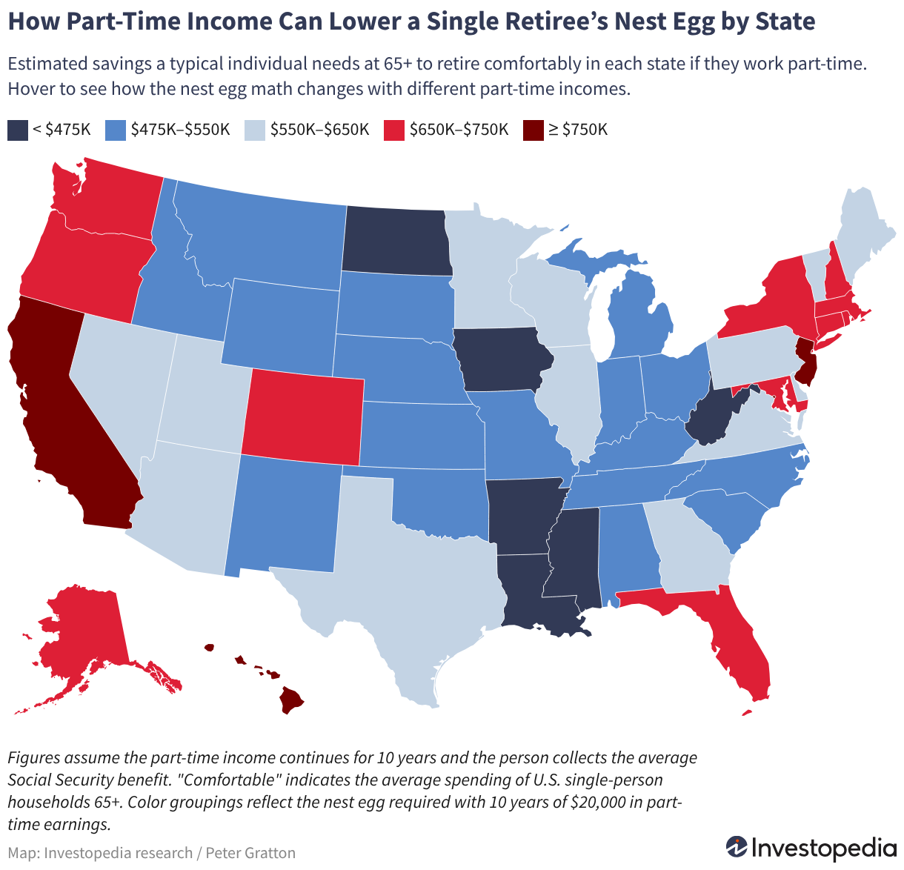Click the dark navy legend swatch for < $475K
click(18, 130)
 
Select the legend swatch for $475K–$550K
click(116, 130)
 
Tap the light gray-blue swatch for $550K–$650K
click(255, 130)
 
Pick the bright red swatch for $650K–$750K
click(394, 130)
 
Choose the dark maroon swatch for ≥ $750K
click(534, 130)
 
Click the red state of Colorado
click(303, 417)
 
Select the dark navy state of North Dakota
click(396, 241)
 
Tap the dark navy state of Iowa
click(502, 359)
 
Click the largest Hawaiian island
click(290, 700)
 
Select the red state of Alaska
click(88, 637)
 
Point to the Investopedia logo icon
click(737, 846)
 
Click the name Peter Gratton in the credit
click(250, 853)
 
